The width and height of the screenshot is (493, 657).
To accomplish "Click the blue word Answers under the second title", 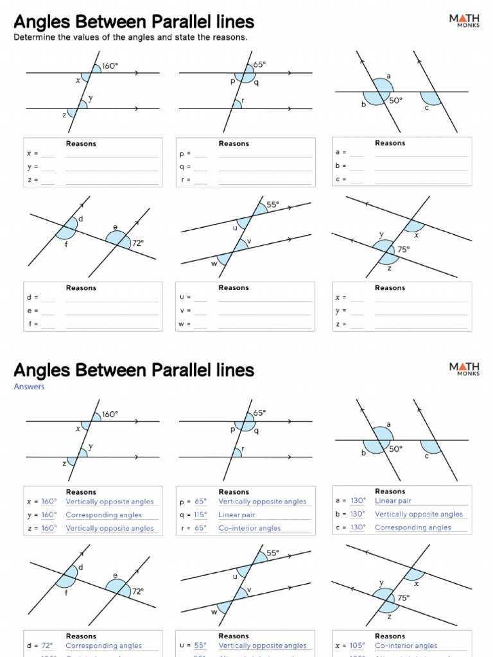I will tap(29, 387).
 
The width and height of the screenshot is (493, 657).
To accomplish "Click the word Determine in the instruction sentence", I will tap(35, 37).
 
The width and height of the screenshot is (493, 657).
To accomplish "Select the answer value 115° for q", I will tap(200, 515).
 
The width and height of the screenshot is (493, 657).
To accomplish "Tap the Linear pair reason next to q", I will tap(237, 515).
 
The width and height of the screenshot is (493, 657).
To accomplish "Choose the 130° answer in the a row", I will tap(358, 500).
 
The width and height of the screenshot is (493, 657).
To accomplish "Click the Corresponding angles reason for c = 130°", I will tap(413, 527).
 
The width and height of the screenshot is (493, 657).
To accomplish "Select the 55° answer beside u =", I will tap(200, 645).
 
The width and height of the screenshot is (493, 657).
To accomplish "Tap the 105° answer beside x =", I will tap(358, 645).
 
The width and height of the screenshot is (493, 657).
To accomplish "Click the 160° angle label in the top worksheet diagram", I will tap(110, 65).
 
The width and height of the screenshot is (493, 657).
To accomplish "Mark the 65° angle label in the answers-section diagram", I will tap(259, 413).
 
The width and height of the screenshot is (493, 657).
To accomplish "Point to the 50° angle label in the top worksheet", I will tap(395, 100).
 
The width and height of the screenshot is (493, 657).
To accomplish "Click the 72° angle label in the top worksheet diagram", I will tap(137, 243).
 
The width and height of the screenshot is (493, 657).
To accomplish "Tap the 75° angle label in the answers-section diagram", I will tap(403, 597).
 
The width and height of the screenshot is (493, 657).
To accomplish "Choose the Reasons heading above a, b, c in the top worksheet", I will tap(390, 143).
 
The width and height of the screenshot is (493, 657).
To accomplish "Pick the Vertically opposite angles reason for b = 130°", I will tap(419, 514).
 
